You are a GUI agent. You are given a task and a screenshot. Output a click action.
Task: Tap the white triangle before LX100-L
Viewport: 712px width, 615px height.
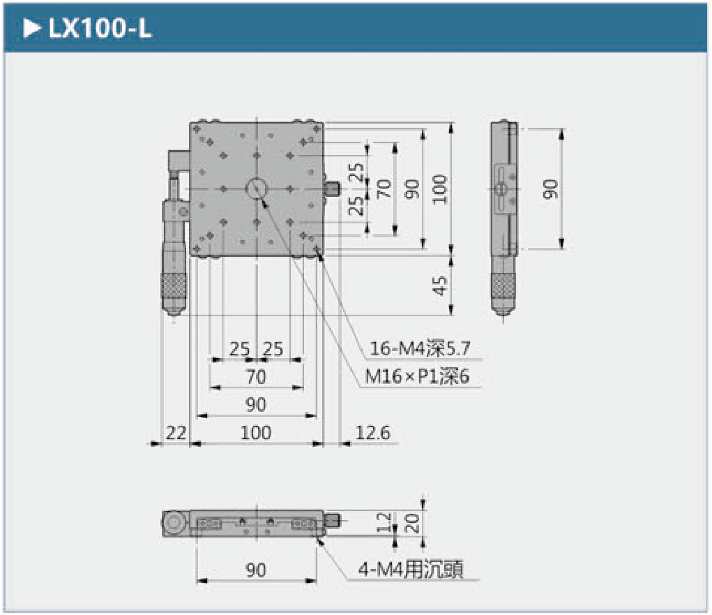(x=32, y=30)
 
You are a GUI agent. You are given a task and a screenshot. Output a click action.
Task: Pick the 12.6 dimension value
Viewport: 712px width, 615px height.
(x=372, y=433)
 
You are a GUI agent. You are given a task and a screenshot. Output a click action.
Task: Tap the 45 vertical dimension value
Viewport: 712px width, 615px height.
(x=439, y=286)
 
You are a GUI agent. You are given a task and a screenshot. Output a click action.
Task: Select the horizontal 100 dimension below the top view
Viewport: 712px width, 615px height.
(x=256, y=433)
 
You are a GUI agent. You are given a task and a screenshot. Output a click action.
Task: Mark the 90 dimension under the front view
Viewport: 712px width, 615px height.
(x=256, y=570)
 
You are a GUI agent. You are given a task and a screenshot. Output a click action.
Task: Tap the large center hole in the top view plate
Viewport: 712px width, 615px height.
(x=256, y=188)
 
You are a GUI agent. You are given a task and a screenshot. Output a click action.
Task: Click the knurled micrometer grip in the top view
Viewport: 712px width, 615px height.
(x=175, y=285)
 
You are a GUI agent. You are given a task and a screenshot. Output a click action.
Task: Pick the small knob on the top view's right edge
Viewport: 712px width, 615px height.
(x=333, y=188)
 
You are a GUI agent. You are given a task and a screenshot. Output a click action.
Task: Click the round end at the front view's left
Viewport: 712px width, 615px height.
(x=174, y=522)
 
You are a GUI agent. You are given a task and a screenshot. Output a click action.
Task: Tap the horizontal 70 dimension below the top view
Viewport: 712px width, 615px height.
(x=256, y=377)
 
